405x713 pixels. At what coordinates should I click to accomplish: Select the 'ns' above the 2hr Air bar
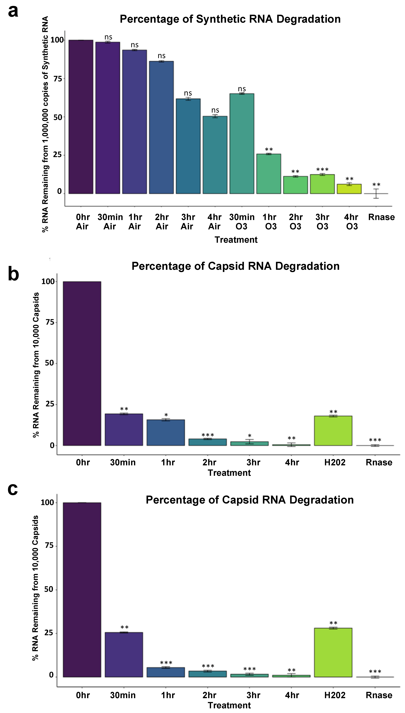(162, 56)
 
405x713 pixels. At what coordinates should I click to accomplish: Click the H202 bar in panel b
(333, 431)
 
